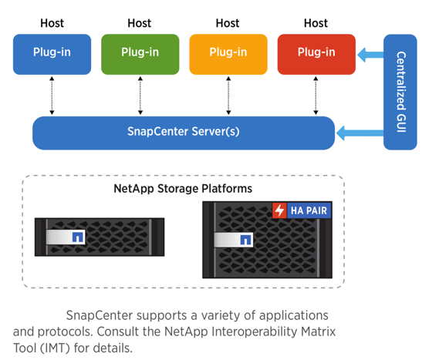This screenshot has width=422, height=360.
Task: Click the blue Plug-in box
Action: (52, 54)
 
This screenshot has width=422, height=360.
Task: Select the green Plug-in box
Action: (140, 54)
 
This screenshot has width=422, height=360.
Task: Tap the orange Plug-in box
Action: (228, 54)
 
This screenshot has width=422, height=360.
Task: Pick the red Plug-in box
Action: (316, 54)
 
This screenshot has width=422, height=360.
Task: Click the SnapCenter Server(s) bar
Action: (184, 133)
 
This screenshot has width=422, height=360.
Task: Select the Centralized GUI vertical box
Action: (400, 92)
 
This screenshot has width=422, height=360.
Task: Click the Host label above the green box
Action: (140, 23)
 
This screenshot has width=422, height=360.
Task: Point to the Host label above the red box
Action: (316, 23)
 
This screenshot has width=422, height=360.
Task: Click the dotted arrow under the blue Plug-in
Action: (52, 96)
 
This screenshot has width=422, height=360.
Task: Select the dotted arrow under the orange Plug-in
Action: (228, 96)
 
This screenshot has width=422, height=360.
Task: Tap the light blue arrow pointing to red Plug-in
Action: (370, 55)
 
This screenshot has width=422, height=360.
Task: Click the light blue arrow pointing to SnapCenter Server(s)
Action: (360, 133)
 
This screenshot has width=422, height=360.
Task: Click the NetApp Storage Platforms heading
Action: (183, 188)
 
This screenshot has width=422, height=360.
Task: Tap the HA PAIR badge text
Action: (309, 210)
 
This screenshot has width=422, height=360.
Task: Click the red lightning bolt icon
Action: (279, 210)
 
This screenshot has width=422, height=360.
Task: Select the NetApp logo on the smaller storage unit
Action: (79, 237)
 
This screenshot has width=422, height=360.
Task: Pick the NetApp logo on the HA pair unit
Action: (246, 240)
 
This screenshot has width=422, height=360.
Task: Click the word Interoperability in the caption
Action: (255, 331)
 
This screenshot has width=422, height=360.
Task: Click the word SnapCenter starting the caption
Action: (100, 315)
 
